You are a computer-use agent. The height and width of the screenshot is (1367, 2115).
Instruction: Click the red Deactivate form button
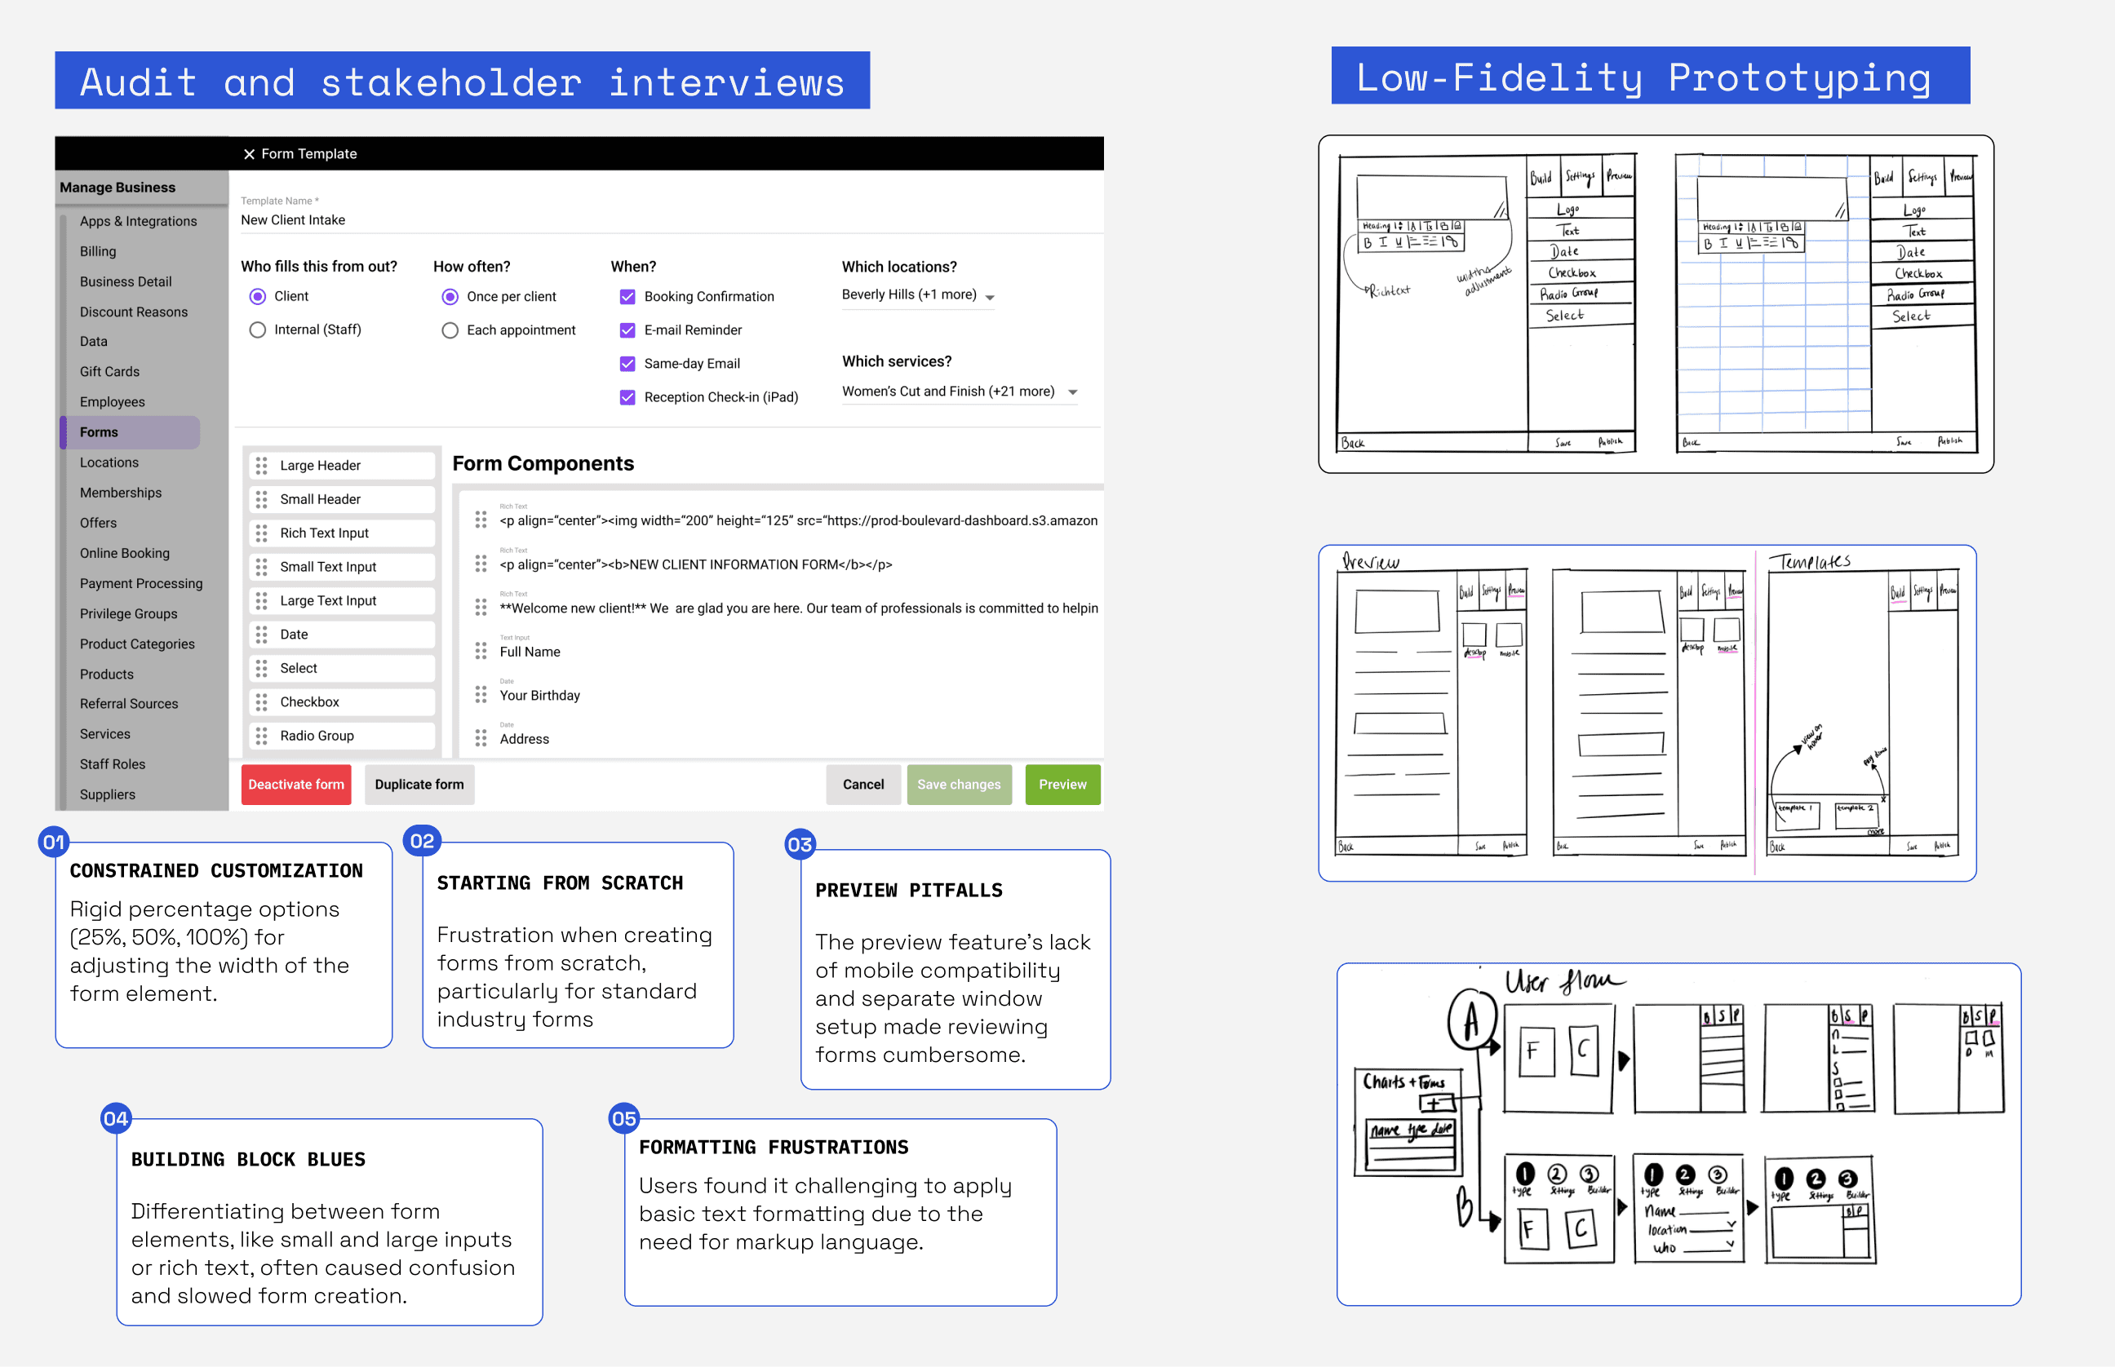pyautogui.click(x=295, y=785)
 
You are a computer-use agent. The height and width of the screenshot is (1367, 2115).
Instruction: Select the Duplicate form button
pyautogui.click(x=419, y=785)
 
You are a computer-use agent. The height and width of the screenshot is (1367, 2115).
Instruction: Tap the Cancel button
pyautogui.click(x=862, y=785)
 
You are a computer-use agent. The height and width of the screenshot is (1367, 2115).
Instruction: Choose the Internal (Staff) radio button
pyautogui.click(x=258, y=330)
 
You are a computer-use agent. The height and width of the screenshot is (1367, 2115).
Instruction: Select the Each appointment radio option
pyautogui.click(x=450, y=331)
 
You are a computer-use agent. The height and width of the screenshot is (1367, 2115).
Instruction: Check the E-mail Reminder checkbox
pyautogui.click(x=627, y=330)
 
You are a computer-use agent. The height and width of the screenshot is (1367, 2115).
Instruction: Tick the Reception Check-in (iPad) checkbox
pyautogui.click(x=627, y=398)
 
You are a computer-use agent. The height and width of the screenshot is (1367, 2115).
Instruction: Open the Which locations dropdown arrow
pyautogui.click(x=990, y=298)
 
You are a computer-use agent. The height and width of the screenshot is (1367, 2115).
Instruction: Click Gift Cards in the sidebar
pyautogui.click(x=109, y=372)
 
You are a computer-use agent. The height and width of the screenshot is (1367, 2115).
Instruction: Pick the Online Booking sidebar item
pyautogui.click(x=124, y=554)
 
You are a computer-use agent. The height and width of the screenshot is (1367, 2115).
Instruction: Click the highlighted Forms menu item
pyautogui.click(x=99, y=432)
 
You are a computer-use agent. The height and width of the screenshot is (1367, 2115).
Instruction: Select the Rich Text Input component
pyautogui.click(x=324, y=533)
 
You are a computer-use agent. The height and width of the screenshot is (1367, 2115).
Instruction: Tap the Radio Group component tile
pyautogui.click(x=317, y=736)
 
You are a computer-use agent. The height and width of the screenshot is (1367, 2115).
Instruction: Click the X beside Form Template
pyautogui.click(x=250, y=154)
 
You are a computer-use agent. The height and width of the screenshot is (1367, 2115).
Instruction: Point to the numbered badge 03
pyautogui.click(x=800, y=845)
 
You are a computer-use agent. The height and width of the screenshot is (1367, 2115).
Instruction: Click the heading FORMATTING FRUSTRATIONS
pyautogui.click(x=774, y=1148)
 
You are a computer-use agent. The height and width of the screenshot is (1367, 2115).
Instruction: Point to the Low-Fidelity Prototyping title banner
pyautogui.click(x=1650, y=77)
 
